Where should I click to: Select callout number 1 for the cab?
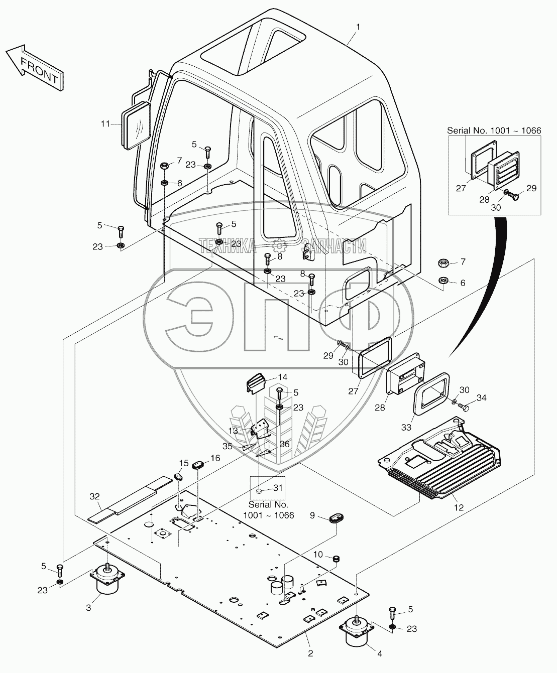358,25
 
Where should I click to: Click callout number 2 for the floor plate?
310,653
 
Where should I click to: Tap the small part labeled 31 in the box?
258,490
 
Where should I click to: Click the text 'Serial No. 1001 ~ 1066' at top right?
494,130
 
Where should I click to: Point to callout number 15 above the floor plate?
183,462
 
